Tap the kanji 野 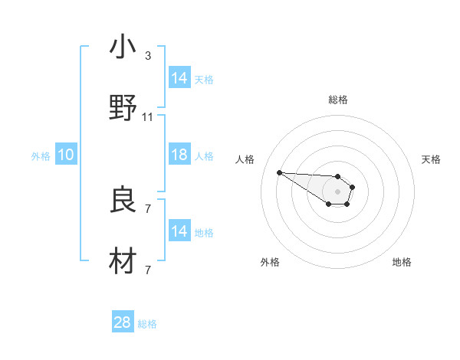[x=123, y=107]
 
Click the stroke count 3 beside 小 [x=148, y=56]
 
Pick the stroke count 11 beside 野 [x=148, y=117]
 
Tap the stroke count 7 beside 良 [x=148, y=208]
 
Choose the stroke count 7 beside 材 [x=148, y=270]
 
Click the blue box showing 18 [x=179, y=155]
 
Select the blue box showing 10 [x=66, y=155]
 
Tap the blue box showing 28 [x=123, y=322]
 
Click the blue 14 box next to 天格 [x=179, y=78]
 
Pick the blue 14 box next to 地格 [x=179, y=231]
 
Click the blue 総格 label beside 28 [x=147, y=324]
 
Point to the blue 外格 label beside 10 [x=41, y=156]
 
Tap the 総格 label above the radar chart [x=338, y=100]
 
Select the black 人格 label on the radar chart [x=245, y=159]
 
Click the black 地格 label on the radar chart [x=402, y=262]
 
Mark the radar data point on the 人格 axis [x=279, y=172]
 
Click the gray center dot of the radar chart [x=337, y=191]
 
